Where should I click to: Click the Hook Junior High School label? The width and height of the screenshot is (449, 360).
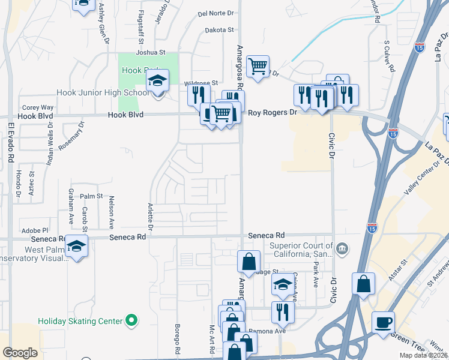[x=103, y=92]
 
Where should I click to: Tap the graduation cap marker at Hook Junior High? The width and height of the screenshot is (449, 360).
[x=157, y=80]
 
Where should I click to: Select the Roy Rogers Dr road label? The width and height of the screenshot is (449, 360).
[x=273, y=112]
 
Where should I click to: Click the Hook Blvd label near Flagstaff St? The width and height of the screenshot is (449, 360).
[x=125, y=114]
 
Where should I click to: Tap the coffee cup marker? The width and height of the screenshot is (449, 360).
[x=383, y=322]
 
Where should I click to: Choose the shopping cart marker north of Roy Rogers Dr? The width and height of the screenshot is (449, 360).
[x=258, y=66]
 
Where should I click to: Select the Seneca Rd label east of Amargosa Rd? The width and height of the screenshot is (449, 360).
[x=264, y=236]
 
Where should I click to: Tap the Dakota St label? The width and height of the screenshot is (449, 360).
[x=218, y=29]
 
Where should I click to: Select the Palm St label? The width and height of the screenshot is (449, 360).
[x=92, y=196]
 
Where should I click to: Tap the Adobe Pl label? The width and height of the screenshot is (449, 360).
[x=34, y=230]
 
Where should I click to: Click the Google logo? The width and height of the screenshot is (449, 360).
[x=20, y=352]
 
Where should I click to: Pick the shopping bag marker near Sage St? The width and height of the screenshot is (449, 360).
[x=249, y=262]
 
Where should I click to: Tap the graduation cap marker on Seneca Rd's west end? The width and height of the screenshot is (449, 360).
[x=76, y=246]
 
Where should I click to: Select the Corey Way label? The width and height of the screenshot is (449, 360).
[x=37, y=107]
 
